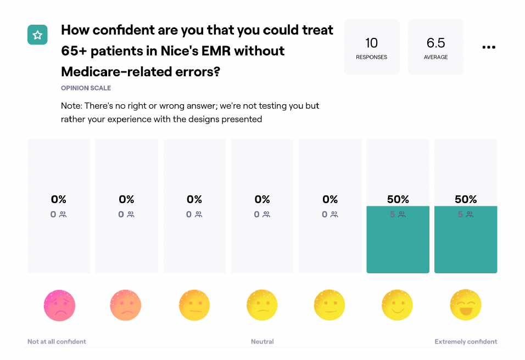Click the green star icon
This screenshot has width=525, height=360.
tap(37, 35)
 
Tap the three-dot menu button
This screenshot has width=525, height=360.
tap(489, 47)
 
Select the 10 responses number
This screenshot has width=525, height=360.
tap(371, 43)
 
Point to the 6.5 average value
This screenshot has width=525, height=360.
tap(435, 43)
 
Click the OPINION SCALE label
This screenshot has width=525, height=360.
tap(86, 88)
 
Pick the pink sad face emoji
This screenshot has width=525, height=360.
tap(60, 305)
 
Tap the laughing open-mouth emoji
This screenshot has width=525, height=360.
tap(465, 305)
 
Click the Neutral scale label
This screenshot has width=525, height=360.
tap(262, 341)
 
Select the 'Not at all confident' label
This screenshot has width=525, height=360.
tap(57, 341)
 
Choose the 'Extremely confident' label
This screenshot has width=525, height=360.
tap(466, 341)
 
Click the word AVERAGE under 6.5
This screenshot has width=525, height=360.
tap(435, 57)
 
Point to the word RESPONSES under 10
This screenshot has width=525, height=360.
tap(371, 57)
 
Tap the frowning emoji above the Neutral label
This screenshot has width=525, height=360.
tap(262, 305)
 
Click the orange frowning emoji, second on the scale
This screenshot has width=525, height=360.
tap(126, 305)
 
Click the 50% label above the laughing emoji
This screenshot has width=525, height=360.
tap(465, 199)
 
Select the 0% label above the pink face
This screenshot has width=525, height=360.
tap(59, 199)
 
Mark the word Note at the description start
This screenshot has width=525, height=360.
tap(71, 106)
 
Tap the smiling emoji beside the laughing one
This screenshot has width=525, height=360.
tap(397, 305)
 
